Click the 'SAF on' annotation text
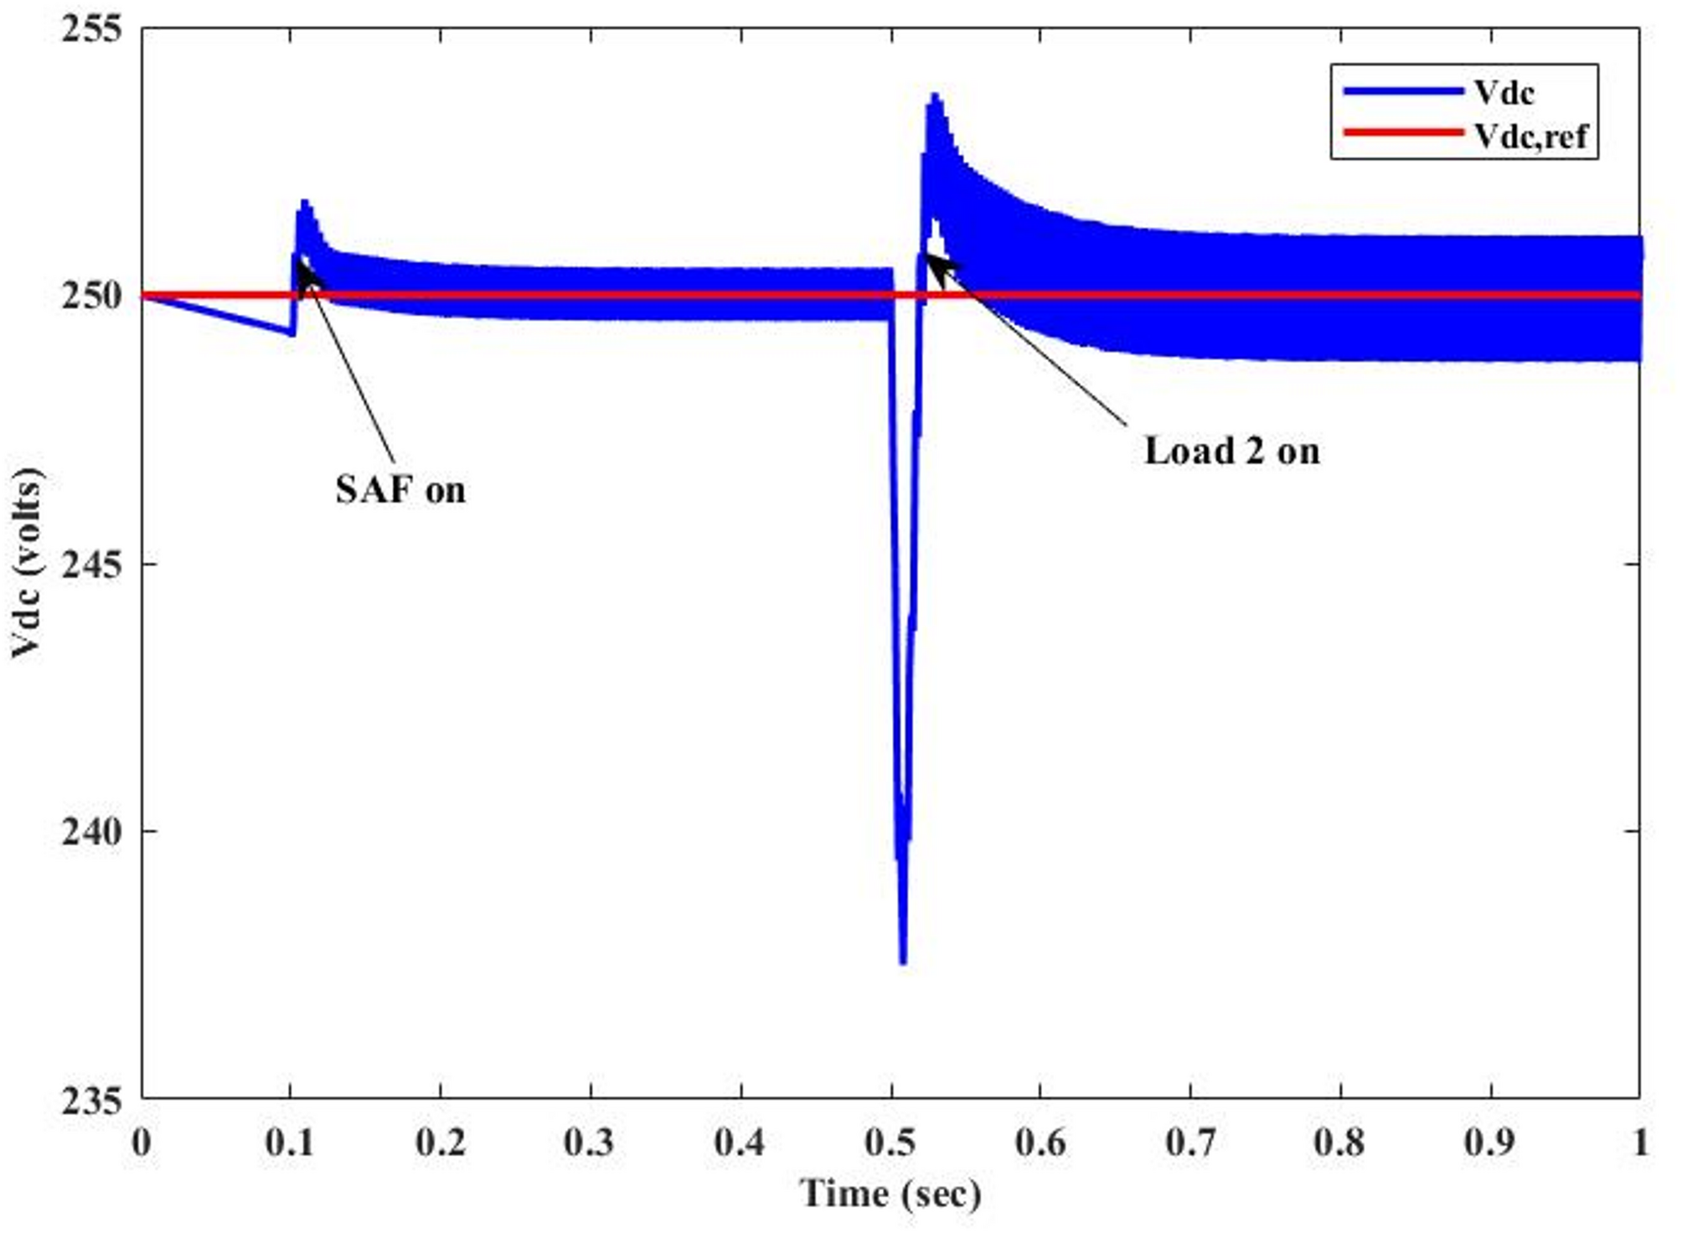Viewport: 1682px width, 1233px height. click(400, 490)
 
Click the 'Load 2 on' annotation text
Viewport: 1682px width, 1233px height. click(1231, 451)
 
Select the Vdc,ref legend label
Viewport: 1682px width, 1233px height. click(1530, 135)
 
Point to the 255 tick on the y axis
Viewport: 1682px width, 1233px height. click(91, 28)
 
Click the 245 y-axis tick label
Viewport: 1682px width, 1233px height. click(91, 565)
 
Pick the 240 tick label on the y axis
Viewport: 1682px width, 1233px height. click(91, 832)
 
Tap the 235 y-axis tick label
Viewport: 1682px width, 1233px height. click(91, 1099)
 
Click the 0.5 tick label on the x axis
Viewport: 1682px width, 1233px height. click(890, 1143)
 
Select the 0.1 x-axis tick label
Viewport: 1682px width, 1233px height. click(290, 1143)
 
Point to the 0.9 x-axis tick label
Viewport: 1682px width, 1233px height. click(1490, 1143)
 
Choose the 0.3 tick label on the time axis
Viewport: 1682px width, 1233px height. click(590, 1143)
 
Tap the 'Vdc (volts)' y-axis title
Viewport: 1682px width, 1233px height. click(27, 564)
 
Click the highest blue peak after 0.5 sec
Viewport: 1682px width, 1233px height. click(935, 95)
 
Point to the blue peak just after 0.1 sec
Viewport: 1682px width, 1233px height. click(304, 202)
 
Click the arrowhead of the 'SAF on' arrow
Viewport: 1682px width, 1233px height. click(302, 267)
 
